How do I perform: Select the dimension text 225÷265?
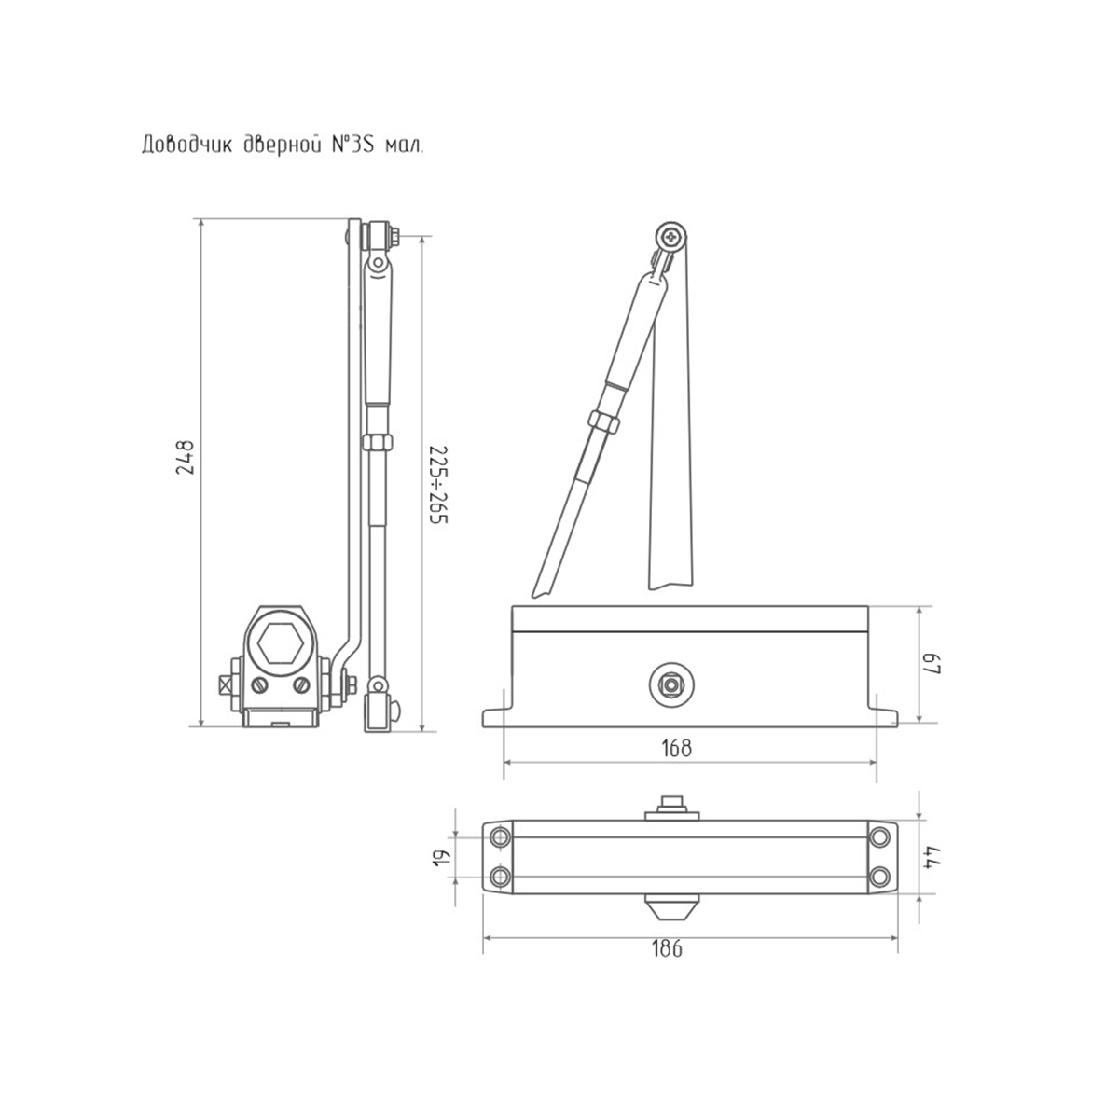coord(439,486)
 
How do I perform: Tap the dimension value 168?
coord(678,749)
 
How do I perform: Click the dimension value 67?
coord(932,664)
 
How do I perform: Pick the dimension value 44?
coord(932,857)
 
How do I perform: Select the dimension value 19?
coord(441,858)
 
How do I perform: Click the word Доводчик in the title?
coord(186,145)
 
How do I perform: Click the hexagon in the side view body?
coord(280,642)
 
